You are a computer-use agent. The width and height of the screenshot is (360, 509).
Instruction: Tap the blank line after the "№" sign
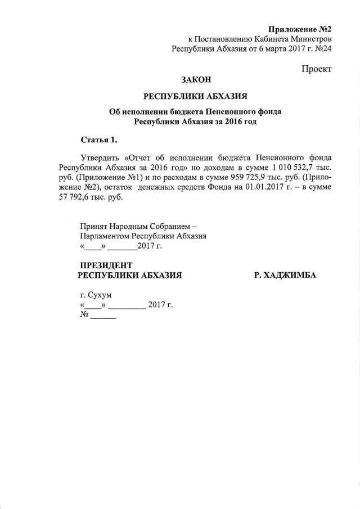pyautogui.click(x=103, y=317)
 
